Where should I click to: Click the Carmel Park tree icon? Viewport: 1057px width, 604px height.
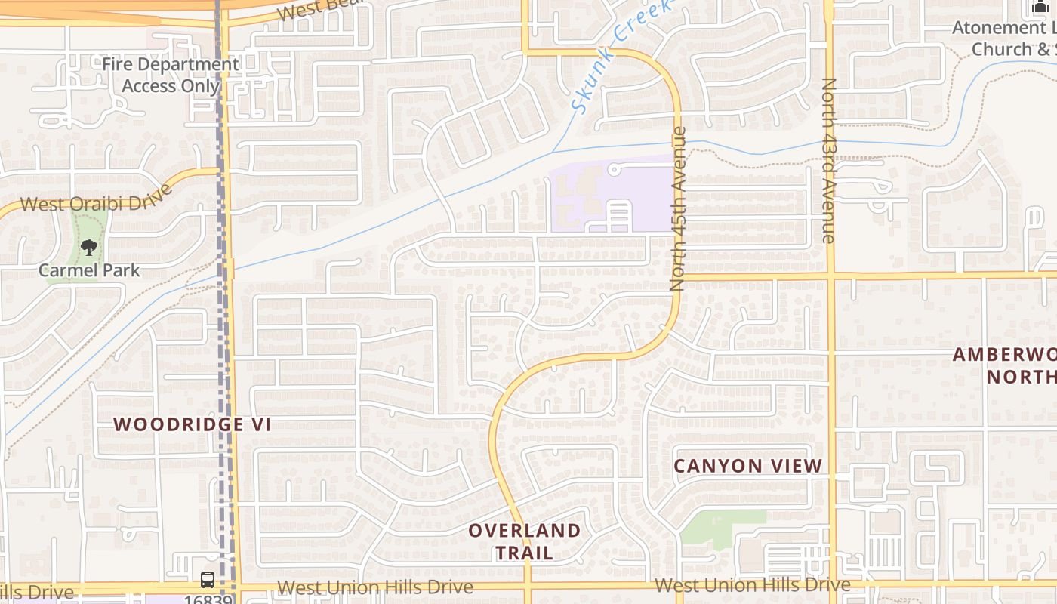tap(89, 247)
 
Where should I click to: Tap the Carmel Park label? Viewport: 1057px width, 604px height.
tap(89, 270)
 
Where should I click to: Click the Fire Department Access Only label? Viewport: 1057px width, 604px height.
tap(171, 75)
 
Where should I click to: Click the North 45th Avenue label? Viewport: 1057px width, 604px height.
tap(677, 208)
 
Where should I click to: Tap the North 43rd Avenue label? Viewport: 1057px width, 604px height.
tap(829, 160)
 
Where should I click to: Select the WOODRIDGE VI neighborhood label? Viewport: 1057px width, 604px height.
tap(192, 424)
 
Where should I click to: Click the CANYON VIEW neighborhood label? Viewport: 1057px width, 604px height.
tap(747, 466)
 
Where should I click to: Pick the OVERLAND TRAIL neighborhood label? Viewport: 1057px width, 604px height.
tap(525, 541)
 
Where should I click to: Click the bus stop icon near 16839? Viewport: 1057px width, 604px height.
tap(208, 580)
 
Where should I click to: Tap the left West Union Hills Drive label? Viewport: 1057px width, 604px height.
tap(375, 587)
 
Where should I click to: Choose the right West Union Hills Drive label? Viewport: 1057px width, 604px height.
tap(753, 585)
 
